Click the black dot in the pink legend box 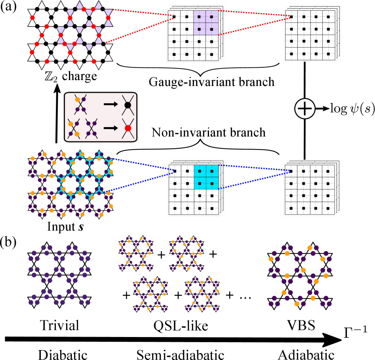(x=128, y=105)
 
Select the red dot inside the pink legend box (x=128, y=128)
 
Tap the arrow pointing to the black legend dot (x=110, y=104)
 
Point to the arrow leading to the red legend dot (x=110, y=128)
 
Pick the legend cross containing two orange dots (x=74, y=129)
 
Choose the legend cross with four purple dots (x=91, y=129)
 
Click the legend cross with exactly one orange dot (x=80, y=105)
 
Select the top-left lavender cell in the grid (x=199, y=17)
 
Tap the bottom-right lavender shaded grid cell (x=211, y=29)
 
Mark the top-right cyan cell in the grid (x=212, y=171)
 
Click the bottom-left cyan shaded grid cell (x=200, y=183)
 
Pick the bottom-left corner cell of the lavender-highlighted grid (x=174, y=54)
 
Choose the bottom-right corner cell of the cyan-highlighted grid (x=212, y=208)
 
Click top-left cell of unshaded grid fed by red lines (x=291, y=17)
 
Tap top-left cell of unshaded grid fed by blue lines (x=291, y=171)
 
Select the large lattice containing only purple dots (x=59, y=275)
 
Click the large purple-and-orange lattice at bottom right (x=300, y=276)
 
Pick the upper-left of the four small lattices (x=136, y=253)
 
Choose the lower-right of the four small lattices (x=202, y=294)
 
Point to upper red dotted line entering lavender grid (x=143, y=12)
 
